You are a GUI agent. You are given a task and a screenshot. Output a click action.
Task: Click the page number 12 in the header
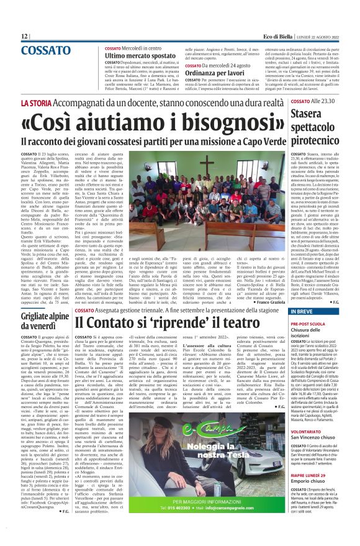[25, 37]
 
